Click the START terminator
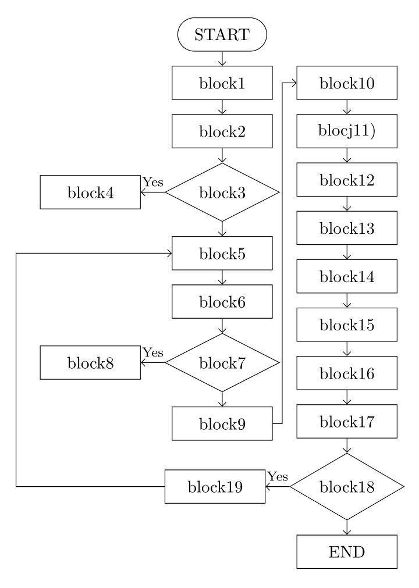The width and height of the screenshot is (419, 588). pos(222,34)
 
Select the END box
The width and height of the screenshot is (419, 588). pos(347,551)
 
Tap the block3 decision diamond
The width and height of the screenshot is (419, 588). pos(222,192)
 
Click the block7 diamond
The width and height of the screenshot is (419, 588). pos(222,362)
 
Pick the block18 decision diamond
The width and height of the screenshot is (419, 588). pos(347,486)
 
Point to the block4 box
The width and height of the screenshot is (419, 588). pos(90,192)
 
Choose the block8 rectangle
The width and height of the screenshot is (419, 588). pos(90,362)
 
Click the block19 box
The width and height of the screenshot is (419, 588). pos(215,486)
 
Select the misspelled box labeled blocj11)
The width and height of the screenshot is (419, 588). pos(347,131)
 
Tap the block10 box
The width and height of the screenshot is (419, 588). pos(347,83)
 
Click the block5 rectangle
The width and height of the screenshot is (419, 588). pos(222,253)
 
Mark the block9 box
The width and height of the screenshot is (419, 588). pos(222,423)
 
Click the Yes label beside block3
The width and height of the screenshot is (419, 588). pos(153,182)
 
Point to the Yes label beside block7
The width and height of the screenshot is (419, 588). pos(153,352)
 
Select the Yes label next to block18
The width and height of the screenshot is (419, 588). pos(278,476)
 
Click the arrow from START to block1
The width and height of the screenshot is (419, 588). pos(222,59)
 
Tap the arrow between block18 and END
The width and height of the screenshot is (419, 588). pos(347,527)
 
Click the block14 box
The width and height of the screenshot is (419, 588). pos(347,276)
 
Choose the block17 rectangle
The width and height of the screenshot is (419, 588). pos(347,421)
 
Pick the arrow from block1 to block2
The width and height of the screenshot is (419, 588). pos(222,107)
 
